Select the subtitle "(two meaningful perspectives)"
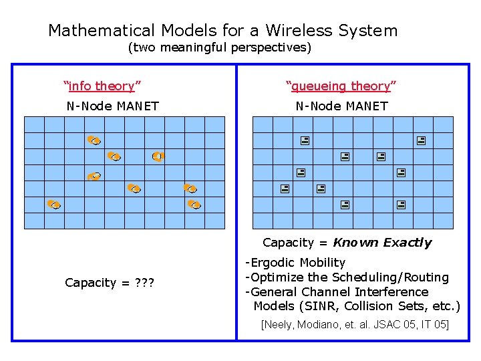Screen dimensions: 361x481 [220, 48]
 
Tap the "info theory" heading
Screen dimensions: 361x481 [102, 86]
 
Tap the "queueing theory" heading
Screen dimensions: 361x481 [341, 86]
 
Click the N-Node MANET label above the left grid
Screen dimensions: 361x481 [112, 106]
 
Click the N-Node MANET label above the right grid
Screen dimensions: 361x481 [341, 106]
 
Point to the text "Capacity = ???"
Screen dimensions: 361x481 [110, 283]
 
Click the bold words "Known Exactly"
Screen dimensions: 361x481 [382, 243]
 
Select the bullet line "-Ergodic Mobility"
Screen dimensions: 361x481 [295, 263]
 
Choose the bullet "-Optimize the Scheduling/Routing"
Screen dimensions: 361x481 [347, 277]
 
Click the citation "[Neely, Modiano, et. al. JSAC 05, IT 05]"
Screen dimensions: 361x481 [355, 325]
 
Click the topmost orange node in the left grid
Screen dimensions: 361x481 [94, 140]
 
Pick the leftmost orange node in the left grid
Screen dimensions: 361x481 [54, 204]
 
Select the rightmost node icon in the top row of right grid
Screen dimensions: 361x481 [421, 141]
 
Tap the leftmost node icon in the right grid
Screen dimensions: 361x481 [285, 189]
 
